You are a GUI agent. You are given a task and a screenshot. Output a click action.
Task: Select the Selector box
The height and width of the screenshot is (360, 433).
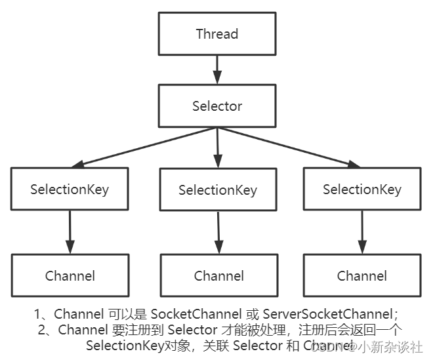coord(216,106)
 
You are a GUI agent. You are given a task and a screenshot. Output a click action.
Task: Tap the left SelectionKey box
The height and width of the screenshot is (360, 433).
coord(70,190)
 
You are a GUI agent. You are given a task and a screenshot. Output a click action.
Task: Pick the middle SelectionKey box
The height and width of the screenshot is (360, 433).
coord(218,190)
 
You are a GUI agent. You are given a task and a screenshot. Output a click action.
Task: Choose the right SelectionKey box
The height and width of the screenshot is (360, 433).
coord(361,190)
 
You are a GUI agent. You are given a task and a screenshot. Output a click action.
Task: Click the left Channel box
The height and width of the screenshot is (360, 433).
coord(70,275)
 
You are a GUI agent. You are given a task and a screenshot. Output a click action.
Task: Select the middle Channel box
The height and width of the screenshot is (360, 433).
coord(218,276)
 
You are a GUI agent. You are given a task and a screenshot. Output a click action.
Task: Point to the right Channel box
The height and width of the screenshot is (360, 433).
coord(361,276)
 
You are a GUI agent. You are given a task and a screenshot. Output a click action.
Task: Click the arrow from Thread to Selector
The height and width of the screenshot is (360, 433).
coord(216,70)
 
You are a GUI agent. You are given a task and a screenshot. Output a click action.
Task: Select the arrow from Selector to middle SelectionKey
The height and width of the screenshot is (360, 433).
coord(217,147)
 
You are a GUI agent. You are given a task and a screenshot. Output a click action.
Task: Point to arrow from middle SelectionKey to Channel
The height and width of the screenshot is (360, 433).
coord(218,233)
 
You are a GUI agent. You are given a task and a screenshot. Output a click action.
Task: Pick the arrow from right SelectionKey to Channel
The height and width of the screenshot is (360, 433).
coord(361,232)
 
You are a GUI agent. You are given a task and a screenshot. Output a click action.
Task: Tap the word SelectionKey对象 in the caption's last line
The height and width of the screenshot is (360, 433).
coord(138,345)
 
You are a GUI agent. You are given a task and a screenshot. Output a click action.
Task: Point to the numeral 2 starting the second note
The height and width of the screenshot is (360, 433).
coord(42,330)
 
